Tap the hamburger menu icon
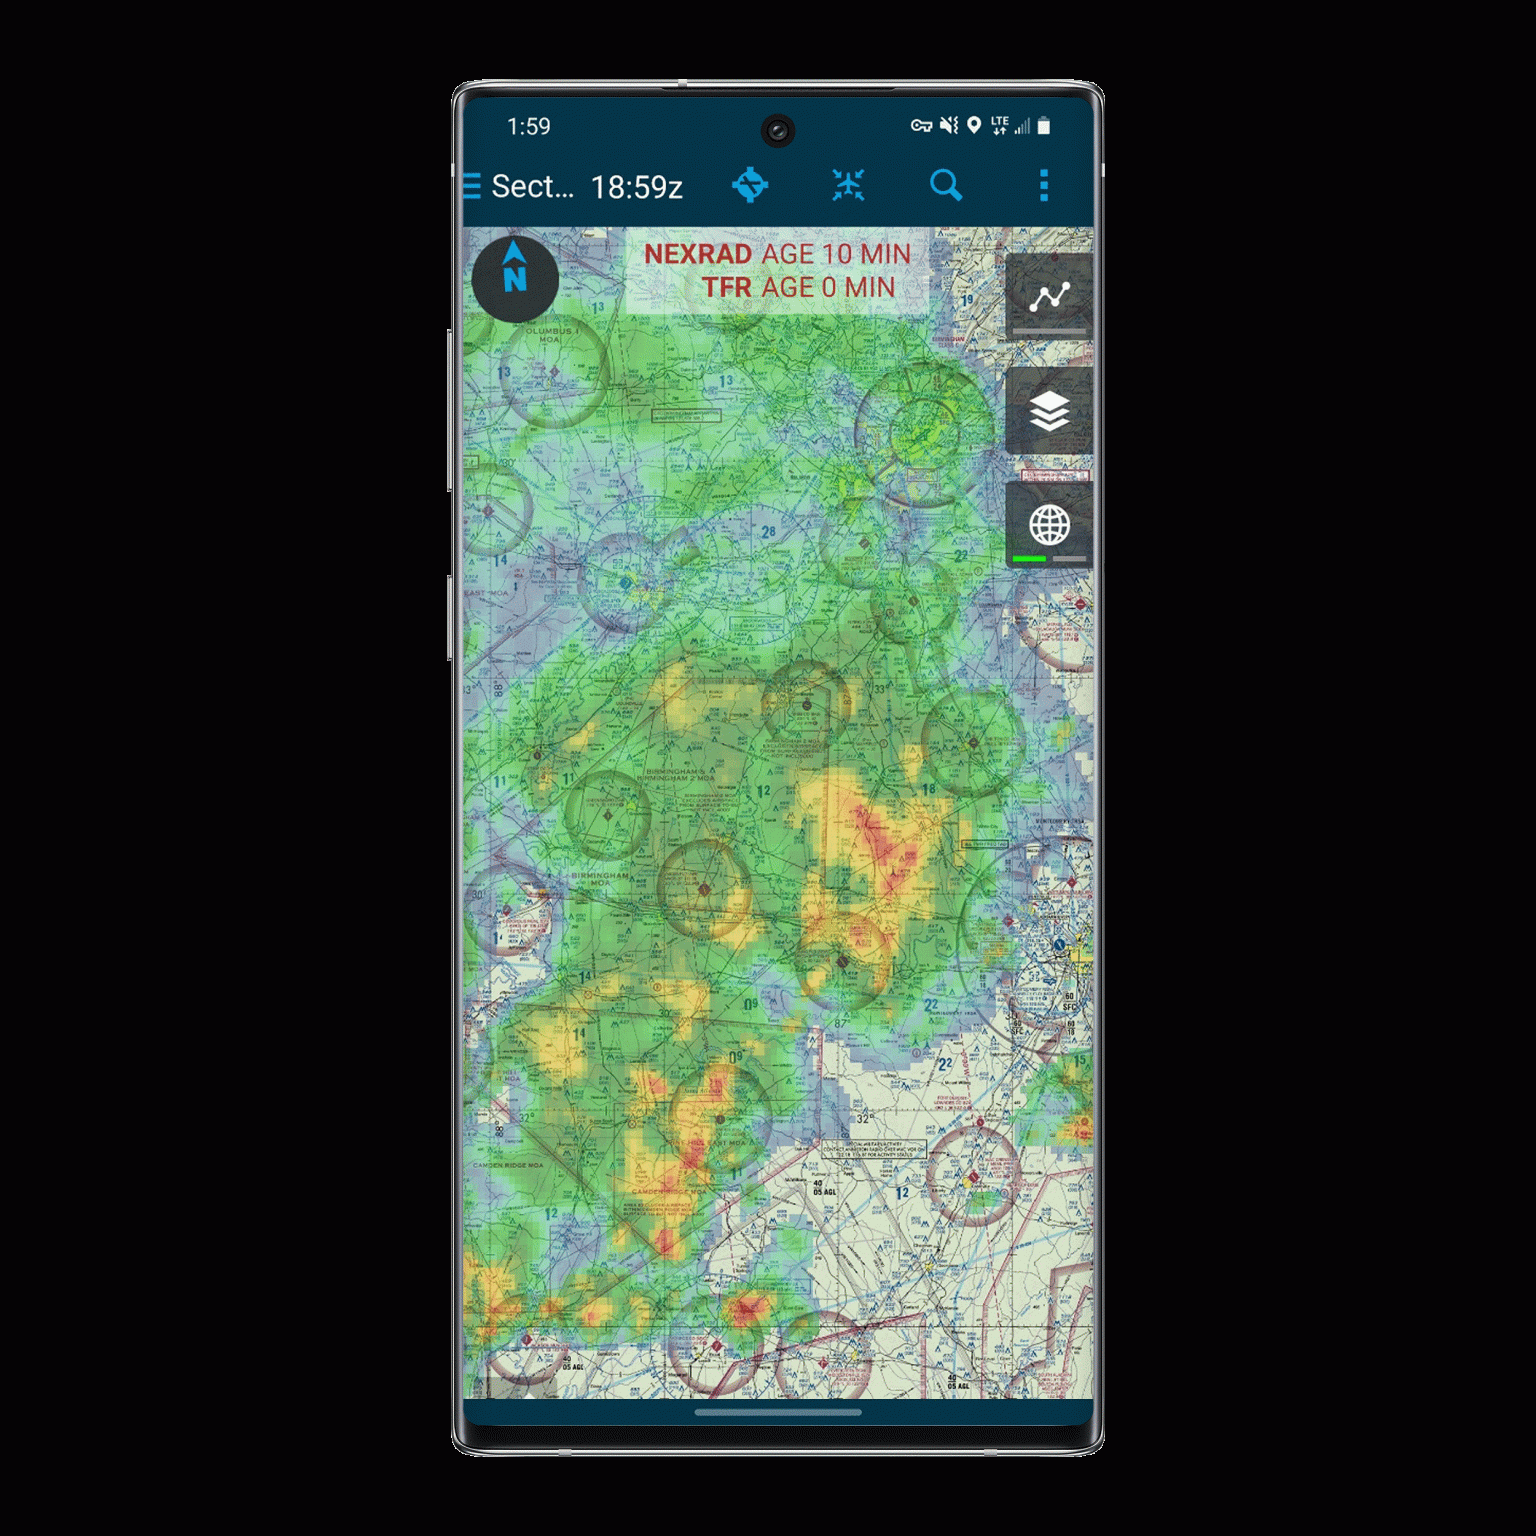[472, 186]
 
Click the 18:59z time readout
[637, 187]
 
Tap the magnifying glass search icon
[945, 185]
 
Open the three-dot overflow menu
[1044, 185]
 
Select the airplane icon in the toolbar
[848, 185]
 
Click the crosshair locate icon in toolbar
[750, 185]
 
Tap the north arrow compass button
[515, 277]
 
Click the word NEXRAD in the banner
[697, 254]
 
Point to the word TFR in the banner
[726, 287]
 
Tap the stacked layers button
[1049, 411]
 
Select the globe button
[1049, 524]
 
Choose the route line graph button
[1049, 296]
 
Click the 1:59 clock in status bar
[528, 126]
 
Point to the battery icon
[1044, 126]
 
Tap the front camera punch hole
[778, 130]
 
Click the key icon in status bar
[921, 126]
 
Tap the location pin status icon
[973, 126]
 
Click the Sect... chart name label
[532, 187]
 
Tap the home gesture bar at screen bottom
[778, 1412]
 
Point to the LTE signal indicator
[1000, 125]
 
